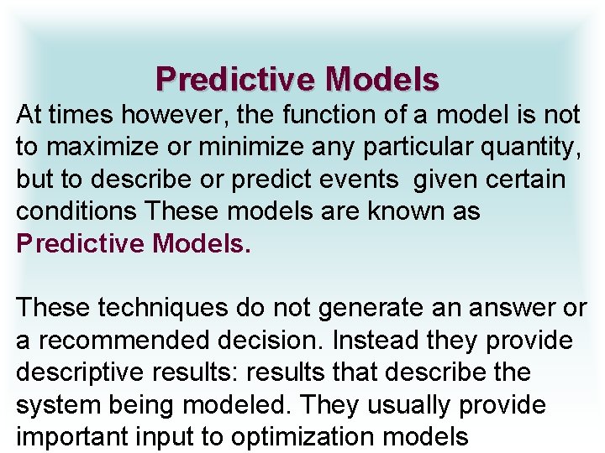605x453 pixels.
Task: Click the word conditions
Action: (76, 211)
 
